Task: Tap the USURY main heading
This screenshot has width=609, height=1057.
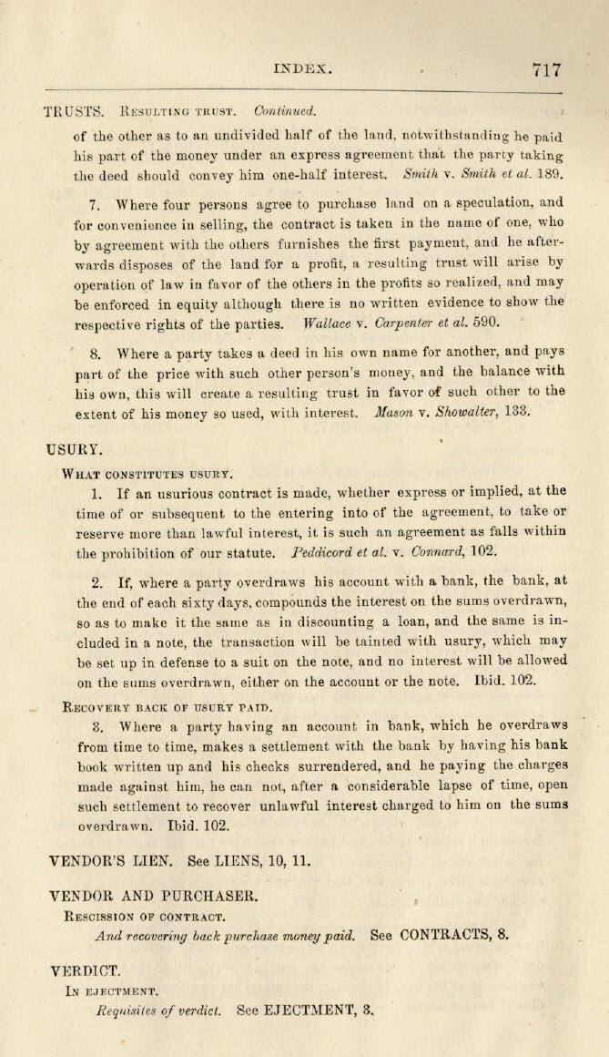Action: point(74,449)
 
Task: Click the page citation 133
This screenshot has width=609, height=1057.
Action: point(516,413)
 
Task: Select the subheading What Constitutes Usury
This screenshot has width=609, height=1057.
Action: point(147,473)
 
